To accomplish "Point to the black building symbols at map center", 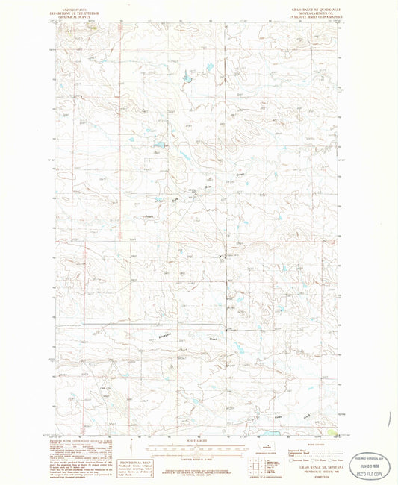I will point(221,258).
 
